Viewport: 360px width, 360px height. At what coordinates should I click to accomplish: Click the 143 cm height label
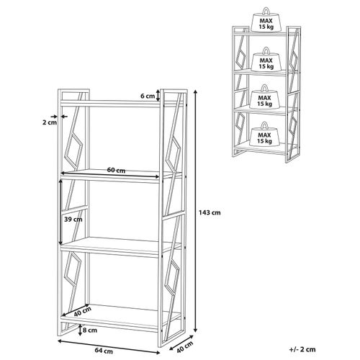pyautogui.click(x=210, y=212)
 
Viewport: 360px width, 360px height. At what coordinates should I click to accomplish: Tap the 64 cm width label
pyautogui.click(x=104, y=351)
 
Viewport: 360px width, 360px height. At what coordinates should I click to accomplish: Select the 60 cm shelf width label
pyautogui.click(x=116, y=170)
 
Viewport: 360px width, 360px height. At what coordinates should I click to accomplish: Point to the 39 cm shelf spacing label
pyautogui.click(x=73, y=220)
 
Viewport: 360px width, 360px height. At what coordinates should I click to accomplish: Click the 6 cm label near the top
pyautogui.click(x=148, y=96)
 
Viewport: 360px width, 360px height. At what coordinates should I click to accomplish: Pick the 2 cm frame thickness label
pyautogui.click(x=50, y=122)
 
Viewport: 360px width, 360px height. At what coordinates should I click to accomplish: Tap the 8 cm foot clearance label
pyautogui.click(x=90, y=330)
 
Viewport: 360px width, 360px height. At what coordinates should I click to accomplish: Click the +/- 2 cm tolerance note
pyautogui.click(x=302, y=349)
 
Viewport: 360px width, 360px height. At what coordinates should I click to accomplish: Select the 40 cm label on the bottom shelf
pyautogui.click(x=82, y=312)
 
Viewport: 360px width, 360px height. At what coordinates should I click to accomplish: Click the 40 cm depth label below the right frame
pyautogui.click(x=185, y=347)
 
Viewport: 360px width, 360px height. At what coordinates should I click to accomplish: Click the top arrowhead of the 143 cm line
pyautogui.click(x=196, y=91)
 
